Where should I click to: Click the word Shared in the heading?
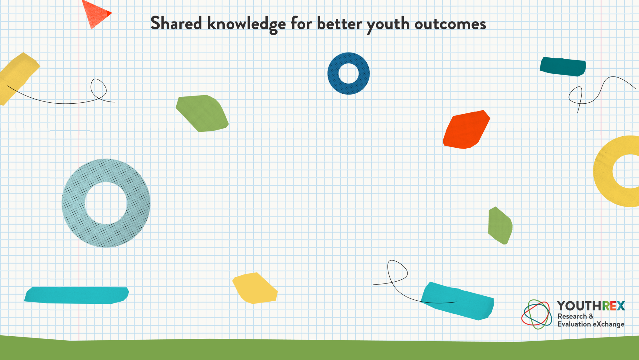pyautogui.click(x=176, y=23)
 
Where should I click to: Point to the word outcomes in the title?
pyautogui.click(x=450, y=24)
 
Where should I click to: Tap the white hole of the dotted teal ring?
pyautogui.click(x=106, y=203)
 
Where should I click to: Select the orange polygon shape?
pyautogui.click(x=466, y=129)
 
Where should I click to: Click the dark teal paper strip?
pyautogui.click(x=563, y=67)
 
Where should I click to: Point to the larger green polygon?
pyautogui.click(x=202, y=113)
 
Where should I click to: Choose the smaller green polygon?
pyautogui.click(x=500, y=225)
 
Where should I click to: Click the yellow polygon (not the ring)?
pyautogui.click(x=255, y=288)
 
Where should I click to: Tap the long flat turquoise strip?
pyautogui.click(x=76, y=295)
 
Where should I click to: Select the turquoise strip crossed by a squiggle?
pyautogui.click(x=457, y=301)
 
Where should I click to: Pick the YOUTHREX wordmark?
pyautogui.click(x=591, y=306)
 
